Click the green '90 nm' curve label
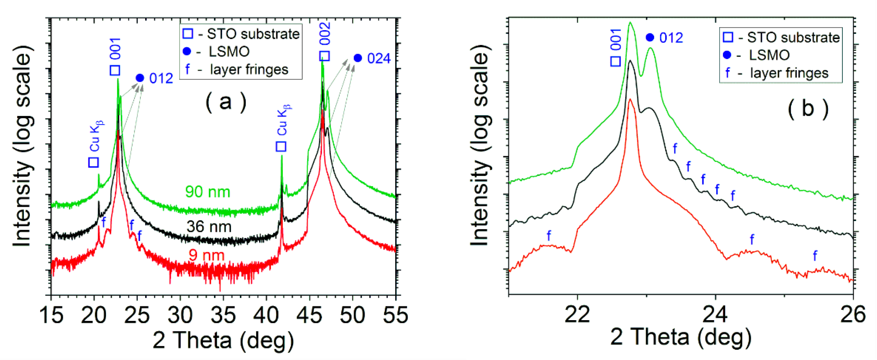[207, 192]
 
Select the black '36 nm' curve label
[209, 227]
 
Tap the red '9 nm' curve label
[206, 255]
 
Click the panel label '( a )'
[226, 102]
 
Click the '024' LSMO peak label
[379, 59]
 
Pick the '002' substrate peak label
[325, 34]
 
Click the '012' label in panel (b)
[671, 38]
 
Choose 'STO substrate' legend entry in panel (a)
[253, 34]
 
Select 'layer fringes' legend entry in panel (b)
[789, 73]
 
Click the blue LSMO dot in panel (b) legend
[727, 55]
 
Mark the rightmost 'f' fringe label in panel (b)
[815, 256]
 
